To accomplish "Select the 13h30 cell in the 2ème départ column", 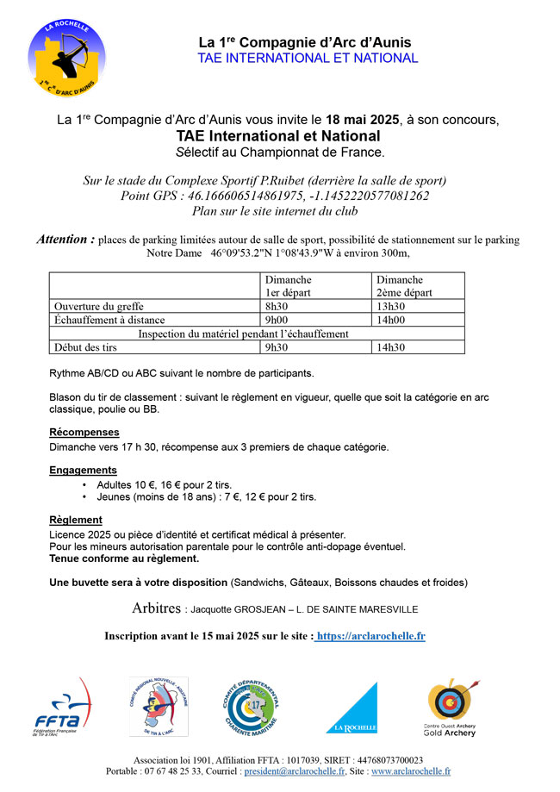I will tap(389, 306).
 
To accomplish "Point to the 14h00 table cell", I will tap(389, 320).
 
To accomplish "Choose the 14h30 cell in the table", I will tap(389, 347).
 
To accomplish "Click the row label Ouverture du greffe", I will tap(99, 306).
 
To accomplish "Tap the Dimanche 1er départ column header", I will tap(289, 286).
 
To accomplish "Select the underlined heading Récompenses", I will tap(84, 432).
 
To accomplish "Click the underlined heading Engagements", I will tap(83, 470).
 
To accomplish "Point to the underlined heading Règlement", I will tap(76, 520).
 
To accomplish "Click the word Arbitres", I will tap(157, 608).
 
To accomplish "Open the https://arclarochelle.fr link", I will tap(370, 636).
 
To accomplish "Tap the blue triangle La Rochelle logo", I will tap(352, 708).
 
